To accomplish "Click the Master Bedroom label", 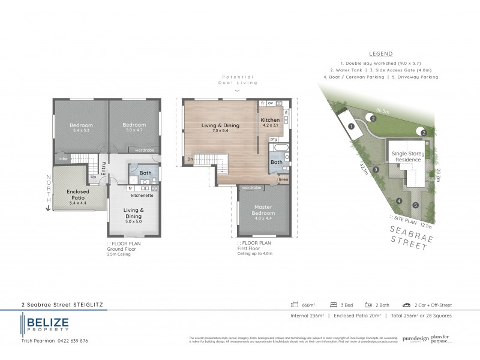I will point(263,211).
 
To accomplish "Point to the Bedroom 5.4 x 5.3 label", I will point(81,128).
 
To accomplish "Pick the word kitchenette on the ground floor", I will point(143,196).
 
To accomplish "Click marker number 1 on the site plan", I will point(350,126).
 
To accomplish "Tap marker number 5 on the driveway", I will point(415,205).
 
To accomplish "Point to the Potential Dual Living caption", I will point(237,80).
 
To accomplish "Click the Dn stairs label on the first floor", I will point(190,159).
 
